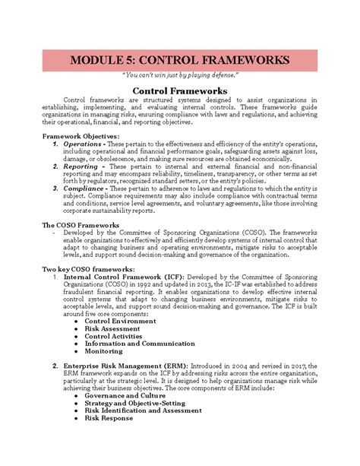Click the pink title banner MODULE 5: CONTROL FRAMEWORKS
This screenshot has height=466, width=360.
tap(180, 60)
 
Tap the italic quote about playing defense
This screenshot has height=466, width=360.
tap(180, 78)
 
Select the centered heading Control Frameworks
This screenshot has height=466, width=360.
tap(180, 91)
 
